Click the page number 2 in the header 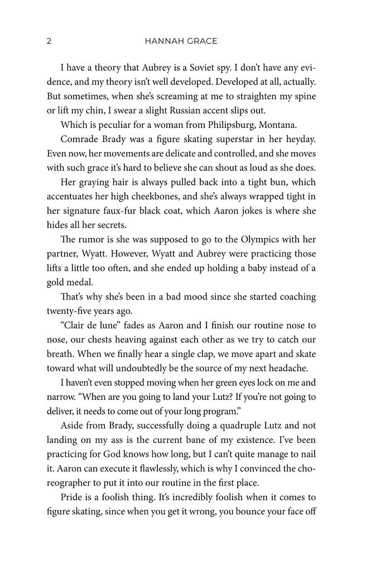pos(50,41)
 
